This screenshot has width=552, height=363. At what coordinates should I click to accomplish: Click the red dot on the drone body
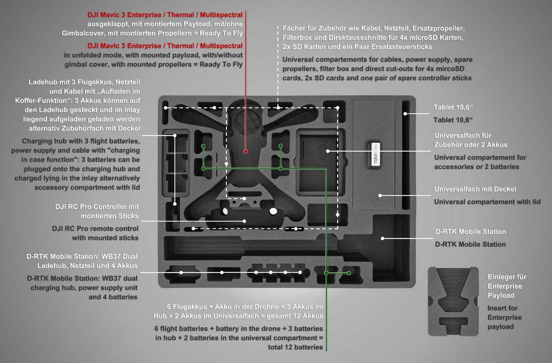pyautogui.click(x=246, y=151)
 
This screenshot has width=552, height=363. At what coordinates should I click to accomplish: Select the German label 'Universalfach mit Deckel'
pyautogui.click(x=475, y=189)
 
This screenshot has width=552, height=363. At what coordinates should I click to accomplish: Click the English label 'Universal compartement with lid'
pyautogui.click(x=487, y=202)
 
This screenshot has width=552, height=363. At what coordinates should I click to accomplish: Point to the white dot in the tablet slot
pyautogui.click(x=405, y=113)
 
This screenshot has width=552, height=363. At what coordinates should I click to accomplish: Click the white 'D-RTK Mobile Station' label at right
pyautogui.click(x=470, y=232)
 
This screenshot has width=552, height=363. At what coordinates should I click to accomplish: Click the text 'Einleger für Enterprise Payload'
pyautogui.click(x=507, y=286)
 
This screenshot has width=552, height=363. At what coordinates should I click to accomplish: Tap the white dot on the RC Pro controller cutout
pyautogui.click(x=245, y=221)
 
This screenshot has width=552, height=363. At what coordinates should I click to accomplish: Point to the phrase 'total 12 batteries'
pyautogui.click(x=295, y=347)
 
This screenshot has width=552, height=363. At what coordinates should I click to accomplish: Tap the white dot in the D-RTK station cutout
pyautogui.click(x=382, y=238)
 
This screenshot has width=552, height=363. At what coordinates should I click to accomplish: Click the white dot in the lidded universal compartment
pyautogui.click(x=380, y=195)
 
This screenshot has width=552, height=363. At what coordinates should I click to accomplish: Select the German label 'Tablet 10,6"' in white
pyautogui.click(x=453, y=108)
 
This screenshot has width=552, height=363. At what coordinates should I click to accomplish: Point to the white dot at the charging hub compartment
pyautogui.click(x=175, y=136)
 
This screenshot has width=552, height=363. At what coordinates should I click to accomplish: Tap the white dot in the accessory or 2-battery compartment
pyautogui.click(x=327, y=151)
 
